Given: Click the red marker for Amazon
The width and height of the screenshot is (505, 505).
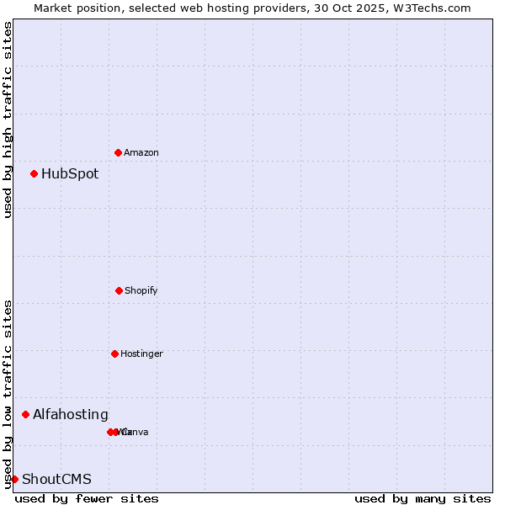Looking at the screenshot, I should pos(118,152).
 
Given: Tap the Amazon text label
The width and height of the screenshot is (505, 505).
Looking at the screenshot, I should pos(141,153).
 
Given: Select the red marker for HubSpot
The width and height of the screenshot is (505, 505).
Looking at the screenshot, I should pos(34,173).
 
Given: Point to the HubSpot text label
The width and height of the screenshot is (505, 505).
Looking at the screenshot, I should pos(70,174).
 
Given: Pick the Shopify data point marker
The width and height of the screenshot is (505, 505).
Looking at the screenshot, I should pos(119,290).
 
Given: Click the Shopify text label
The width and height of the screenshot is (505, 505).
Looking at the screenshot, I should pos(141,291).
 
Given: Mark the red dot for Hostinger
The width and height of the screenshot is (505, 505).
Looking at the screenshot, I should pos(114,353).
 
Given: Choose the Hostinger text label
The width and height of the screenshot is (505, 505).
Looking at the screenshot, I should pos(141,354).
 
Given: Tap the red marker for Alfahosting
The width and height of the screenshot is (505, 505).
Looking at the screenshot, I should pos(25,414).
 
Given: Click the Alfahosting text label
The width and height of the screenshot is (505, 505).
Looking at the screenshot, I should pos(71,415).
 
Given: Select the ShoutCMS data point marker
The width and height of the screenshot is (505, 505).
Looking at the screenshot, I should pos(14,479).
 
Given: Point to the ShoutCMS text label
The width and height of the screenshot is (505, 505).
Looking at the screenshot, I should pos(56,480).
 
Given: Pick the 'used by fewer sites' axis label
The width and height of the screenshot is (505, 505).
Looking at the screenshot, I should pos(87,498).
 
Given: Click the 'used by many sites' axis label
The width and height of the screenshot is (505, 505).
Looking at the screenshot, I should pos(423,498).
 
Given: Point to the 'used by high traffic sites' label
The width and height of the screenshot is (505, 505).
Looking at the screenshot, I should pos(8,120).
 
